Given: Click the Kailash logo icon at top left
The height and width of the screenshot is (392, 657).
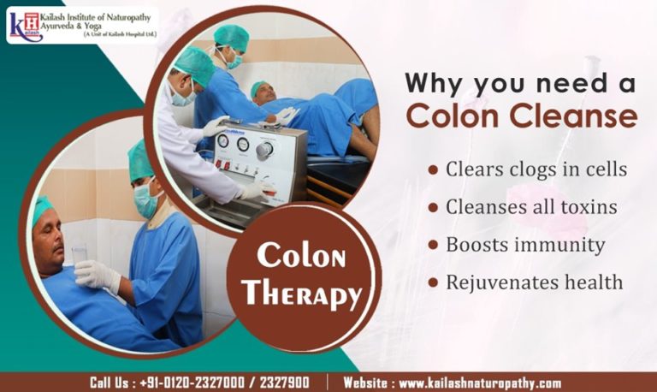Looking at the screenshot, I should point(22,23).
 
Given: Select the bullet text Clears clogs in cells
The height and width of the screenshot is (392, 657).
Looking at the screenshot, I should point(536,169).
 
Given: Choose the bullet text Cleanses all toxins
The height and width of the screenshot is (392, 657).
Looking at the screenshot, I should point(531,206).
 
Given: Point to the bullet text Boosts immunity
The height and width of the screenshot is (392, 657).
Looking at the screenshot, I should point(525,244).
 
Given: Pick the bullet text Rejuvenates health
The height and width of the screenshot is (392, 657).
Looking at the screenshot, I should point(534,282).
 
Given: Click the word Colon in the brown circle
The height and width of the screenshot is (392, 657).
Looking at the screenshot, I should point(300,256).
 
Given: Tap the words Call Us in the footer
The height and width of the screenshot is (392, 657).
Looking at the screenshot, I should point(112,383).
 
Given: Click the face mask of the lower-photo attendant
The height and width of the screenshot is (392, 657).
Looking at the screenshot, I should point(145,202).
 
